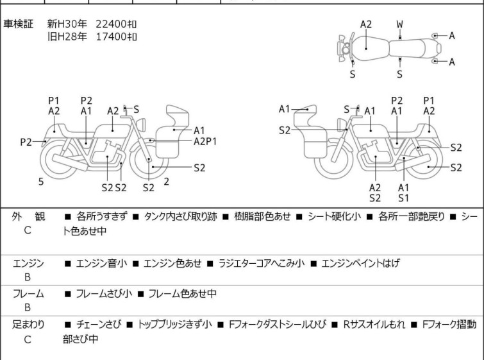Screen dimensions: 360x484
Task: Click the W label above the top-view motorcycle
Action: tap(399, 24)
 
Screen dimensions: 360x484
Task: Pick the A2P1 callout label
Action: tap(206, 141)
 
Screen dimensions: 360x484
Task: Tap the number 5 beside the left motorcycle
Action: tap(41, 182)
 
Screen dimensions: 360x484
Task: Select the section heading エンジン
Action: tap(28, 263)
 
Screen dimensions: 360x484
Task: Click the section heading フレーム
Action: tap(28, 294)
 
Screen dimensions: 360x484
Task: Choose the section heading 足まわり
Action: tap(28, 325)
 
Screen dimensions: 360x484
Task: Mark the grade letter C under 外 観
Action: tap(28, 230)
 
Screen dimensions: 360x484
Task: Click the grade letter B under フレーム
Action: tap(28, 307)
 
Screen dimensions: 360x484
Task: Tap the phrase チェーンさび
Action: tap(97, 325)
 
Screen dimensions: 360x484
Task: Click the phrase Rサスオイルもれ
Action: tap(374, 325)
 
